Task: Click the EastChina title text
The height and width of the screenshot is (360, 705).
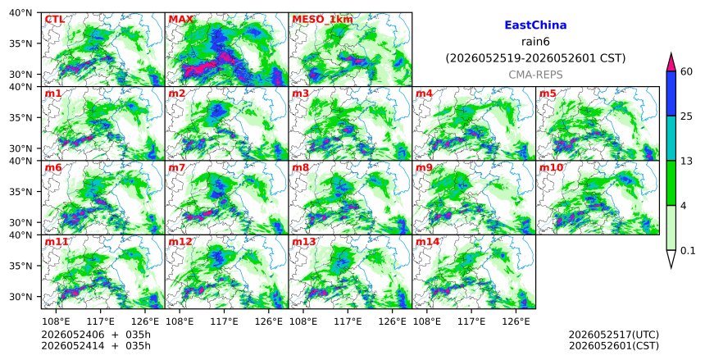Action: (535, 25)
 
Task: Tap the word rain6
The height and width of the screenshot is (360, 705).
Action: (535, 42)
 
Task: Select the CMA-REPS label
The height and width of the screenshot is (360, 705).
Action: (535, 75)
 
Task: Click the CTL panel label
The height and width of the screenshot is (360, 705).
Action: (54, 20)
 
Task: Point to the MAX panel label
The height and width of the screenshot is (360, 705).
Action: (180, 20)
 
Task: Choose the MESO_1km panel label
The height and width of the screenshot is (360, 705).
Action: (322, 20)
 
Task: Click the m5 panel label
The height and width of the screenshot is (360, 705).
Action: (548, 93)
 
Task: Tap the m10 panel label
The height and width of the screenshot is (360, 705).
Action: (551, 168)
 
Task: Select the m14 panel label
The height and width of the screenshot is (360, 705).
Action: (427, 242)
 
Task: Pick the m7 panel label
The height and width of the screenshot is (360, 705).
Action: (177, 168)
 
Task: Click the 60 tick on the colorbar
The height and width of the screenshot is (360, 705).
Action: (685, 71)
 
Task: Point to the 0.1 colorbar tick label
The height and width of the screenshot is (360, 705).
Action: (688, 251)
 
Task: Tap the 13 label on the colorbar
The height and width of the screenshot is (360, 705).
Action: (685, 161)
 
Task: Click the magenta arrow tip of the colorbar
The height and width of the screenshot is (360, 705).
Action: (671, 53)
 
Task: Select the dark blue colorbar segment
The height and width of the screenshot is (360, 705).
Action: (671, 93)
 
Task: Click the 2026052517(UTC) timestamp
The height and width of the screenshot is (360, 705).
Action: (614, 335)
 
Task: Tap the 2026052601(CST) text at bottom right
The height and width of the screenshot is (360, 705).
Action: (614, 346)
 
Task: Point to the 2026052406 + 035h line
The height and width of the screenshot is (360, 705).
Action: (96, 335)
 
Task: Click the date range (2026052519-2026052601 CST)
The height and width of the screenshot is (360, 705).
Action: (535, 58)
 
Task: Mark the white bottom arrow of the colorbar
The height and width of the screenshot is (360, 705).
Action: (671, 259)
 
